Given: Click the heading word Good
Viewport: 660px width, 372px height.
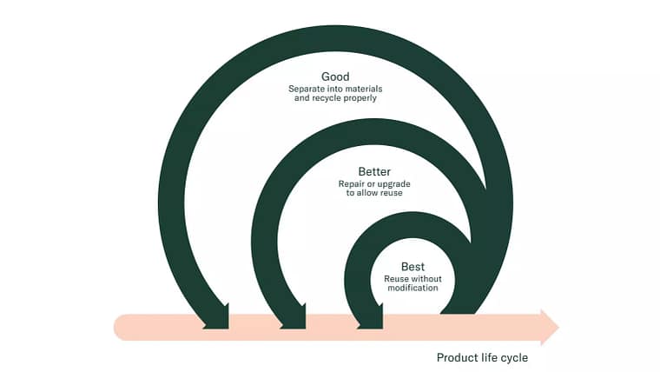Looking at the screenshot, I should click(x=335, y=76).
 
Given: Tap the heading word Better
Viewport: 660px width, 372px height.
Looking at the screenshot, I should click(x=374, y=171).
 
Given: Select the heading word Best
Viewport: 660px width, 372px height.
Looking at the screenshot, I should click(x=413, y=266).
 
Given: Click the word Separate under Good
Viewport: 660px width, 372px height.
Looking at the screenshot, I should click(x=307, y=89).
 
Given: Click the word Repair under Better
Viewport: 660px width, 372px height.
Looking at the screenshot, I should click(x=352, y=183).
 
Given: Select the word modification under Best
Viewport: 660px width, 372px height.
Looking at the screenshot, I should click(x=413, y=288).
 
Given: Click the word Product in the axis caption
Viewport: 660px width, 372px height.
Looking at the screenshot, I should click(x=456, y=357).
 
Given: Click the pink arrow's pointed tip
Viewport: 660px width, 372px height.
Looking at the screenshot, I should click(x=556, y=327).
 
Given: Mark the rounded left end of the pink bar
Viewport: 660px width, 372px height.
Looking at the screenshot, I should click(x=118, y=327).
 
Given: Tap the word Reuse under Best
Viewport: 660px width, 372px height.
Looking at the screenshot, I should click(x=396, y=278).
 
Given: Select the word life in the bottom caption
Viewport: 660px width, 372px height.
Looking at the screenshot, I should click(x=487, y=357).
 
